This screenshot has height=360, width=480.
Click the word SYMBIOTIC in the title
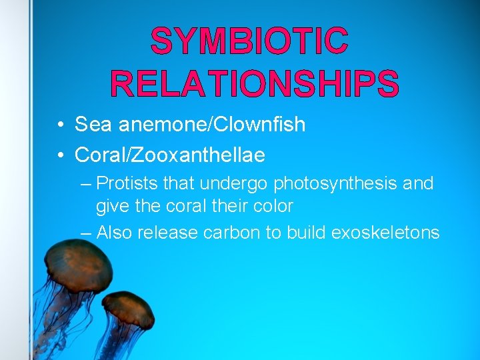(x=249, y=41)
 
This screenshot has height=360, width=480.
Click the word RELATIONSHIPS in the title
(x=254, y=85)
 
